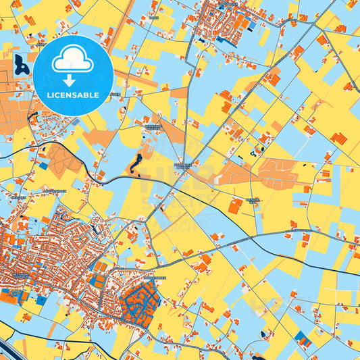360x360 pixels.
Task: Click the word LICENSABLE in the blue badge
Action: click(x=73, y=95)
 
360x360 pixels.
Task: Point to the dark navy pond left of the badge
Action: click(x=21, y=65)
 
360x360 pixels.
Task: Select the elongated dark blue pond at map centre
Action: click(x=137, y=162)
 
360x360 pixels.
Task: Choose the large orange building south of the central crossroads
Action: click(x=234, y=207)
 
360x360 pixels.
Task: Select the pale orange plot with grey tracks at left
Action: click(x=64, y=159)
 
